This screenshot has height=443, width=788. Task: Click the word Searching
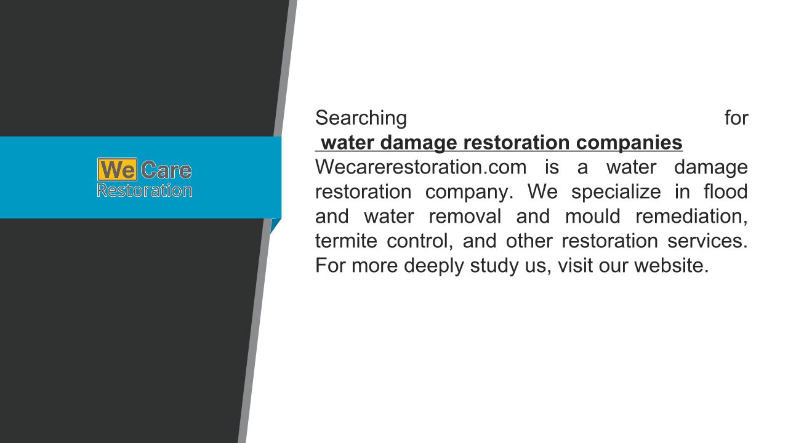[x=361, y=118]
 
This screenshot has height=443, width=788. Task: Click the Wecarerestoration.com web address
[x=420, y=167]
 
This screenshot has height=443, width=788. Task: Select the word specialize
[x=616, y=192]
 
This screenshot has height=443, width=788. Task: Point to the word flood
[x=725, y=191]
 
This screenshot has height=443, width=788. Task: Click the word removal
[x=465, y=216]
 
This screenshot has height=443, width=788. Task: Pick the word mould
[x=592, y=216]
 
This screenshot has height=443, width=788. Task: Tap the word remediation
[x=691, y=217]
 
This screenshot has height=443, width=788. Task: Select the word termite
[x=346, y=241]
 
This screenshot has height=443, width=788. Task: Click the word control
[x=420, y=241]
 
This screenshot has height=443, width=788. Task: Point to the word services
[x=707, y=241]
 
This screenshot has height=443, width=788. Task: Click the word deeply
[x=434, y=266]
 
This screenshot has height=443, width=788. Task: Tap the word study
[x=494, y=266]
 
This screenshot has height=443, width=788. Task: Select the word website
[x=671, y=265]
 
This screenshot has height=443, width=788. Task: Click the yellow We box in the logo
[x=117, y=169]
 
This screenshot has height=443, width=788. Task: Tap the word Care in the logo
[x=166, y=170]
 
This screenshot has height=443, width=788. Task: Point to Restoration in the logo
[x=145, y=190]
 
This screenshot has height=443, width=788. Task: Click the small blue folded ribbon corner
[x=275, y=225]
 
